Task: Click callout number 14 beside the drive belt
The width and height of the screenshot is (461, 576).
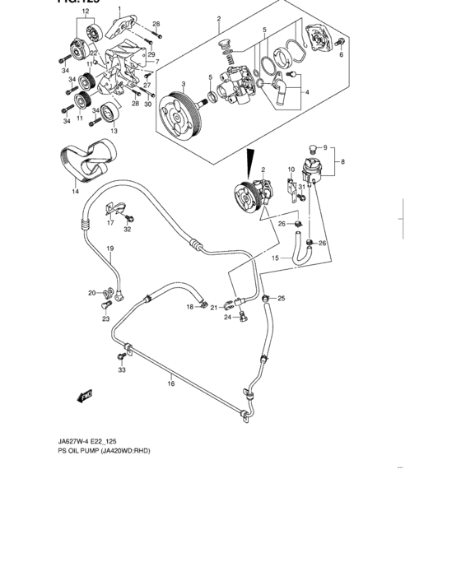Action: pos(74,192)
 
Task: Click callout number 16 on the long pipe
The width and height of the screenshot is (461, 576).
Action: pos(170,383)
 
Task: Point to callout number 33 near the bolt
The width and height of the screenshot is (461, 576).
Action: pos(122,371)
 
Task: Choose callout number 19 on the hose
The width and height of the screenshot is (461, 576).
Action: pos(109,248)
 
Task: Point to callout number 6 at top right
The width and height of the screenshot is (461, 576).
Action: pos(341,56)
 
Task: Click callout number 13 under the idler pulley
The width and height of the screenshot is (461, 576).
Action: pos(114,131)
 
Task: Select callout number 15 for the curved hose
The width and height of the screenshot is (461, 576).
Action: pos(276,258)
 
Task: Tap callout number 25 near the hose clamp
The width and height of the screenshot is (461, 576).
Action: pos(280,298)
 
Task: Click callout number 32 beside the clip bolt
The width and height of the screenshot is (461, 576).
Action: pos(128,230)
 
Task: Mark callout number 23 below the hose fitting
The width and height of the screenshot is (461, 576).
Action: pos(105,318)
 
